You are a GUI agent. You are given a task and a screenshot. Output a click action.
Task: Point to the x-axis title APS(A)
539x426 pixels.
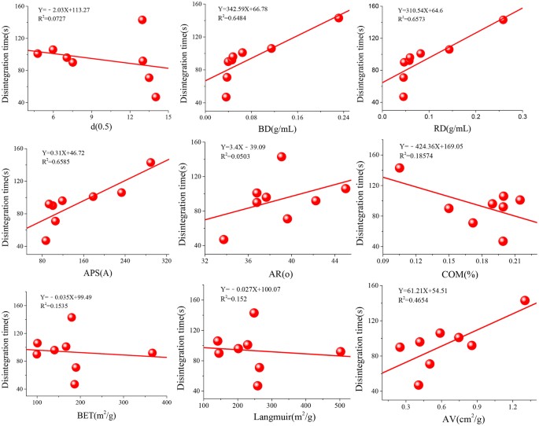pyautogui.click(x=93, y=271)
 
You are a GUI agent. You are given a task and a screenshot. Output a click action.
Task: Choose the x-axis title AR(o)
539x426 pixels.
pyautogui.click(x=271, y=271)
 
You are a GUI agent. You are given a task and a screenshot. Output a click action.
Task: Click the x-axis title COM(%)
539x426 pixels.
pyautogui.click(x=450, y=271)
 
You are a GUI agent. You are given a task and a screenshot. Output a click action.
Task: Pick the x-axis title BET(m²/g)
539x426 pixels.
pyautogui.click(x=92, y=414)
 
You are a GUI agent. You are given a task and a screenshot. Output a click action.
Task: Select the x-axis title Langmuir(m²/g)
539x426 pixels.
pyautogui.click(x=271, y=414)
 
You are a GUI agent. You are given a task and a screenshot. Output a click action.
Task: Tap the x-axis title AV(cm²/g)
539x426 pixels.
pyautogui.click(x=450, y=414)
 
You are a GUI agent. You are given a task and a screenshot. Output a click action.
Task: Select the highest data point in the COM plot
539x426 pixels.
pyautogui.click(x=399, y=167)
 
